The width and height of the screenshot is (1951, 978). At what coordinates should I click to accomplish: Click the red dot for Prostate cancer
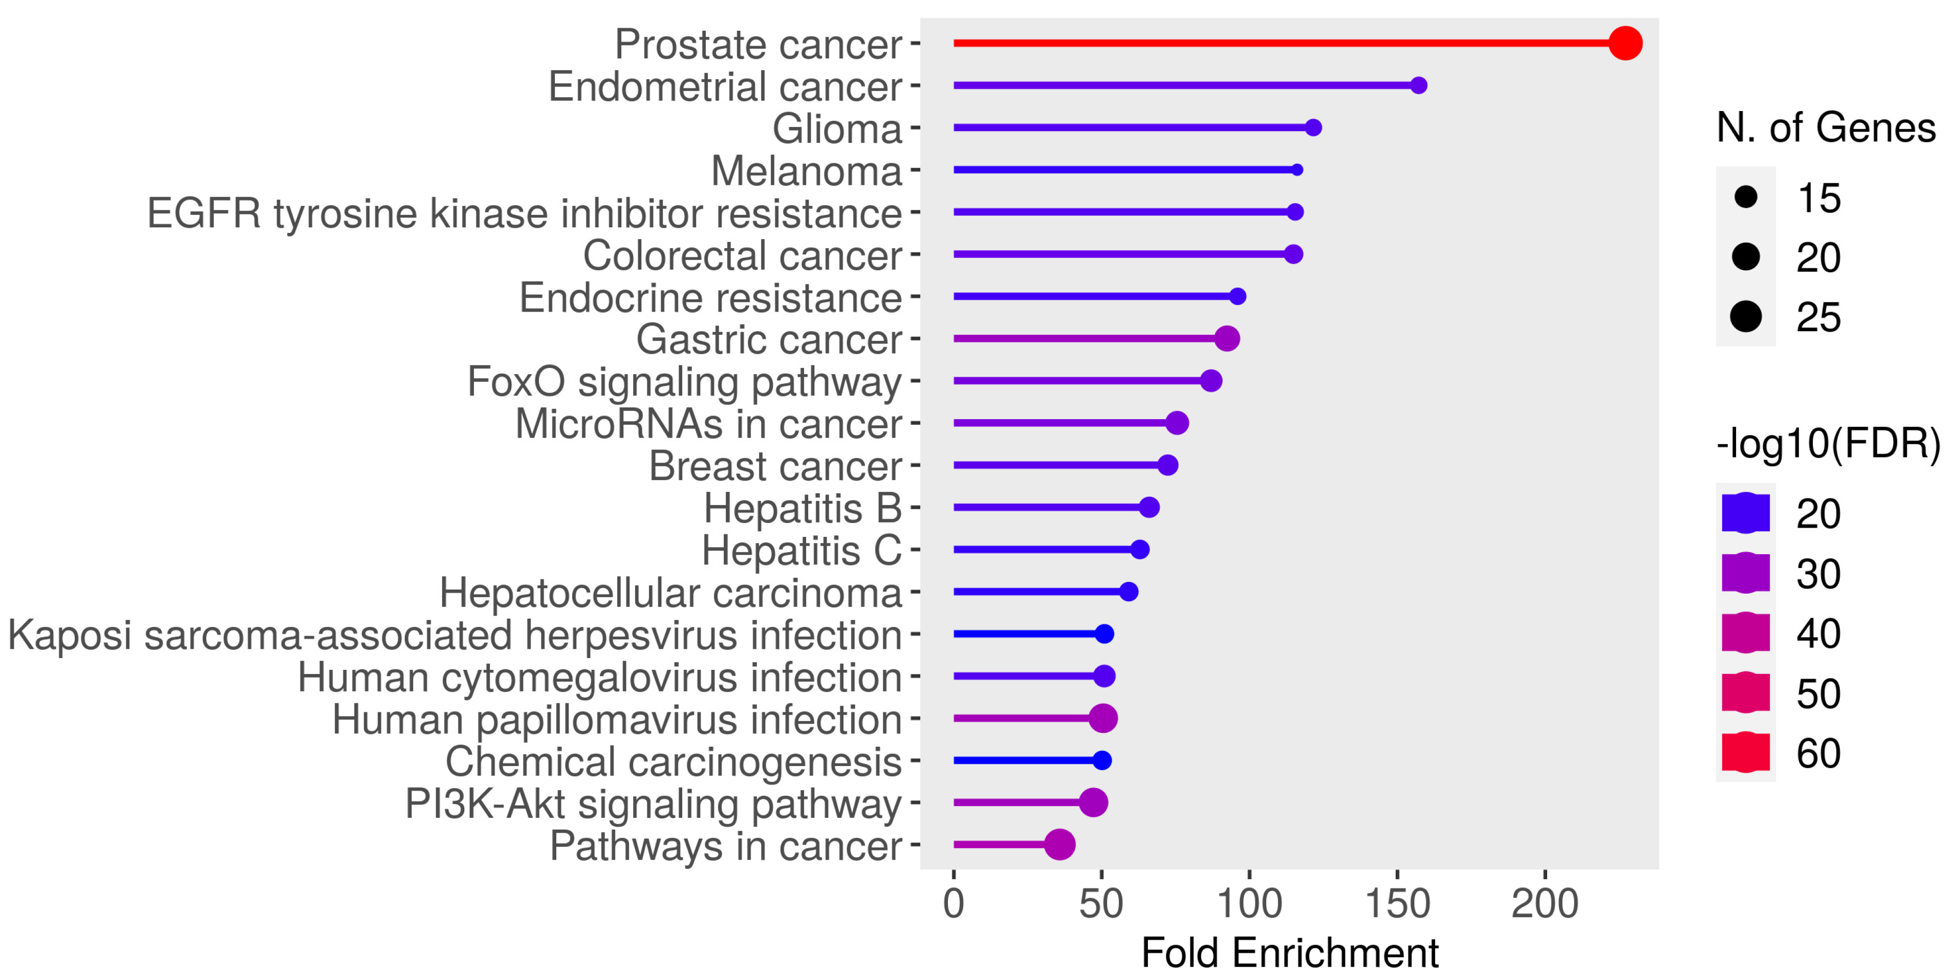pos(1624,43)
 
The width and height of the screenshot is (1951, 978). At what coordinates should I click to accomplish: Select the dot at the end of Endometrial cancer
pos(1419,85)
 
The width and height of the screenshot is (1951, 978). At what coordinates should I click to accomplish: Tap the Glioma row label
pos(837,129)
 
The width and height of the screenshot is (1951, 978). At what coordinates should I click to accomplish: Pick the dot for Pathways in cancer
pos(1059,844)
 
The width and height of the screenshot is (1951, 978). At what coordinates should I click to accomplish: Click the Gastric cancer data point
pos(1226,339)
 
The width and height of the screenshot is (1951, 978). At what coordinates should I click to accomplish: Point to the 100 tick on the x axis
pos(1249,904)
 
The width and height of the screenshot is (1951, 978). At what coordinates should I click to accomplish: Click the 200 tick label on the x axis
pos(1544,904)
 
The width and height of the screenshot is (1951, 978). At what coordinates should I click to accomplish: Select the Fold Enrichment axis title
pos(1289,953)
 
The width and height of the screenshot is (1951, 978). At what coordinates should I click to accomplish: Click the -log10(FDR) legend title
pos(1828,443)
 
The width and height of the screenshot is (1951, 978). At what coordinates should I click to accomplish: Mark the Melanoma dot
pos(1296,170)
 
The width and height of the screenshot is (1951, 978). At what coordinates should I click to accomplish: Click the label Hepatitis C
pos(801,551)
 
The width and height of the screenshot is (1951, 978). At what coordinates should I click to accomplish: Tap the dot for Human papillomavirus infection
pos(1103,718)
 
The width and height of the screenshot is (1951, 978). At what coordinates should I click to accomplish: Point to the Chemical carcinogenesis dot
pos(1102,760)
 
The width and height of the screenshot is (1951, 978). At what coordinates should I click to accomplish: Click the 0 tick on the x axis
pos(953,904)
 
